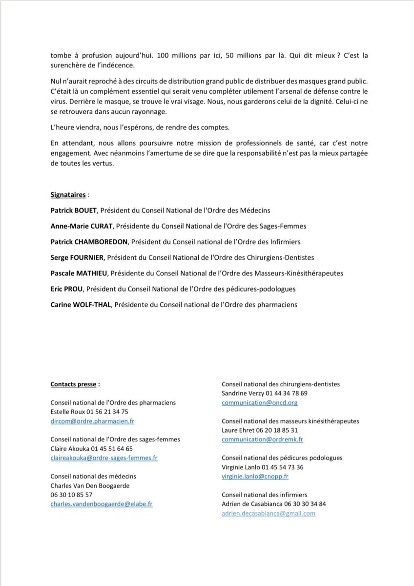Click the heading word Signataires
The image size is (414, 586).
coord(68,194)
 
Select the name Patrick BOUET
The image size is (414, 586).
coord(73,210)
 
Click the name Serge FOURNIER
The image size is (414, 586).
coord(77,257)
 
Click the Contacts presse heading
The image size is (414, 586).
coord(73,384)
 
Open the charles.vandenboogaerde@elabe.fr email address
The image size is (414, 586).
coord(102,503)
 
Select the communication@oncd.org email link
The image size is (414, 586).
coord(259,403)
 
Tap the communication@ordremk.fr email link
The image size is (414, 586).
coord(262,439)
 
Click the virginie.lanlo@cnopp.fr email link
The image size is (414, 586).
coord(255,476)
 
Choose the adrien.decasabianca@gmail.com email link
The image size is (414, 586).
coord(269,513)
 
